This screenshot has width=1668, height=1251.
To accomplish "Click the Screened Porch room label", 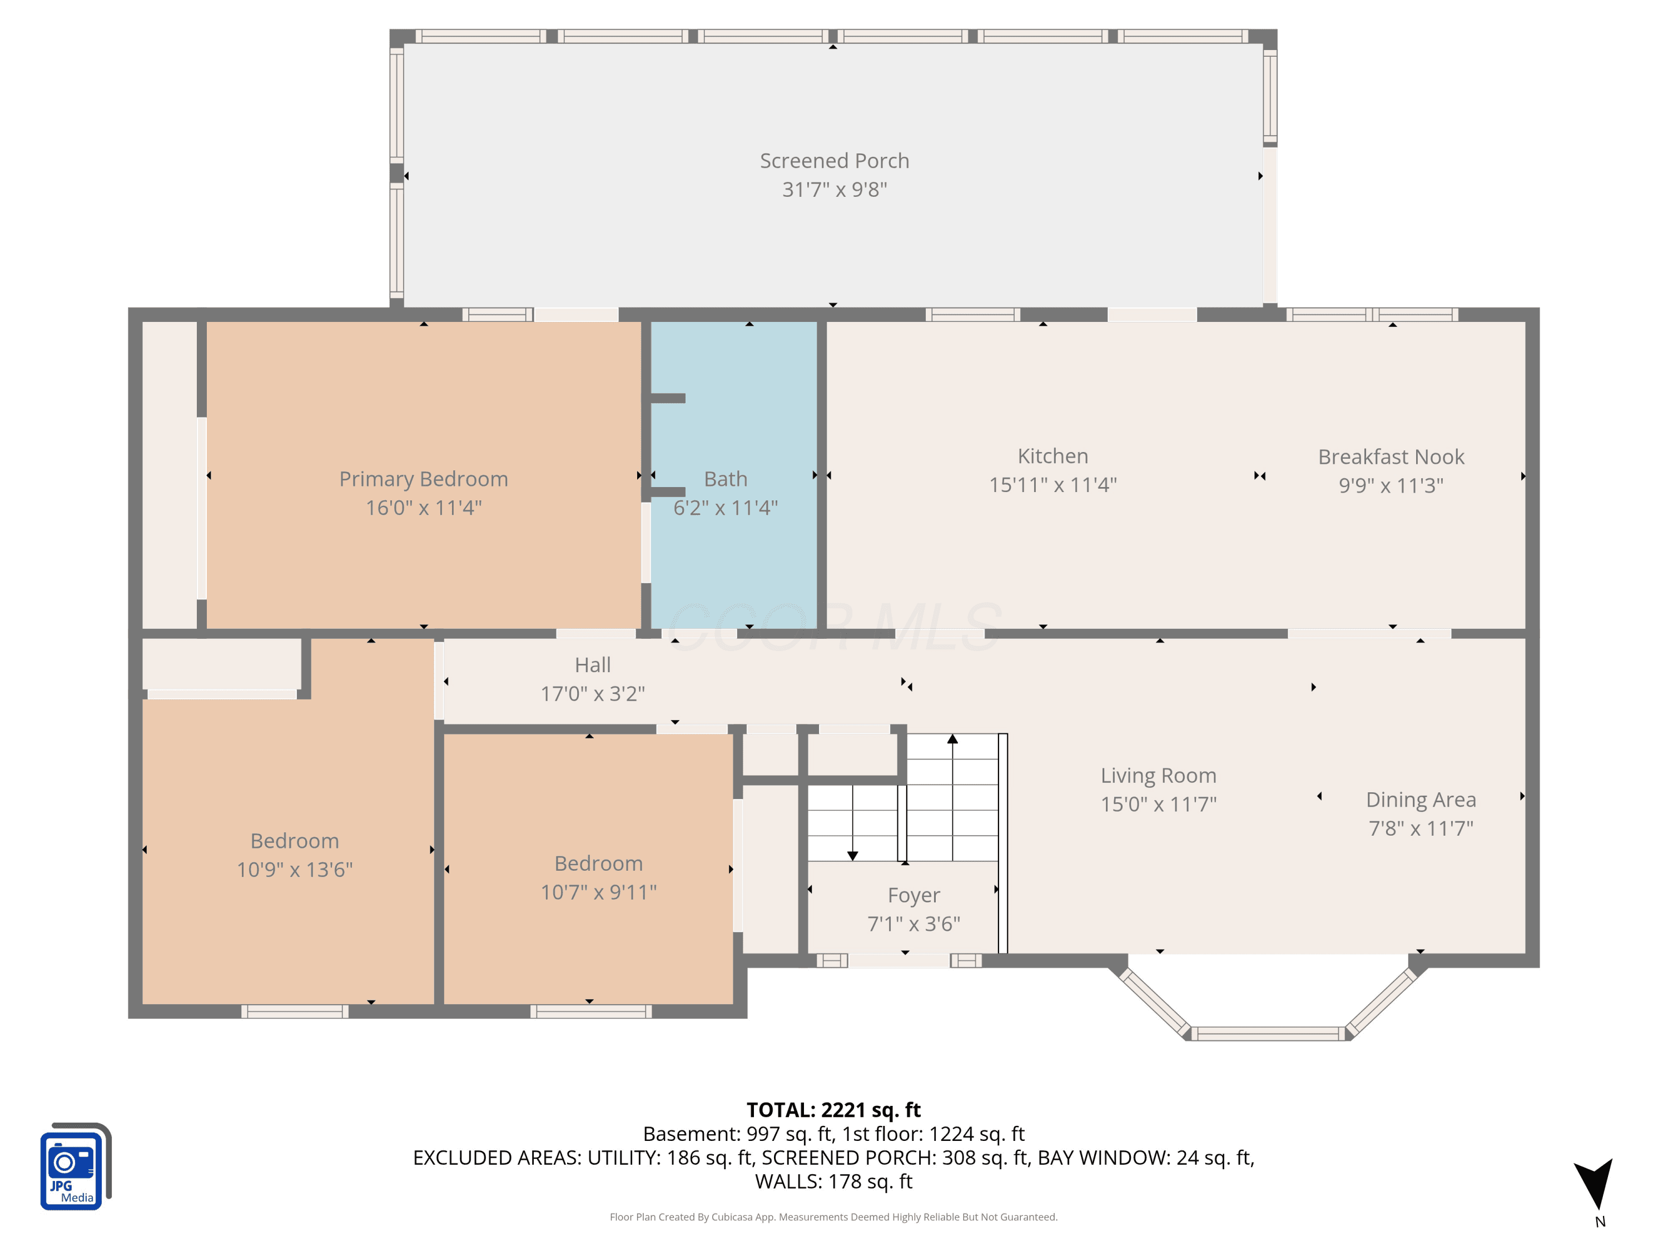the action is coord(834,161).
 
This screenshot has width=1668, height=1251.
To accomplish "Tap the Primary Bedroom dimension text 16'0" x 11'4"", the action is coord(424,508).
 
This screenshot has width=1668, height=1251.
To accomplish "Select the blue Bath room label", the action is coord(726,479).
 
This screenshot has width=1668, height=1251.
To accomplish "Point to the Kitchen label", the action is coord(1053,456).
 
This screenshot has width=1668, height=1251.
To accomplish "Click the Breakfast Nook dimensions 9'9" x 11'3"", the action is coord(1391,485).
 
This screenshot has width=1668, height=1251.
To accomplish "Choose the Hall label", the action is coord(593,665).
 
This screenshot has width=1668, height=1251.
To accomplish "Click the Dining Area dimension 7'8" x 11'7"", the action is coord(1421,828).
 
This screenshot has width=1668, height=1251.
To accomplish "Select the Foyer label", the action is coord(914,895).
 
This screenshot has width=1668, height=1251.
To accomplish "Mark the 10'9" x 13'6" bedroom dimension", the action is coord(295,870).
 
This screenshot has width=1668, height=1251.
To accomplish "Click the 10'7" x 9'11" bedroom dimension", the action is coord(599,892).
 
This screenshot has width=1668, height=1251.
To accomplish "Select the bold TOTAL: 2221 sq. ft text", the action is coord(833,1110).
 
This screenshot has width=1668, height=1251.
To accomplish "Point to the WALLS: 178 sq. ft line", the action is coord(833,1181).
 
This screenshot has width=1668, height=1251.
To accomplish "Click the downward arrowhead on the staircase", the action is coord(852,856).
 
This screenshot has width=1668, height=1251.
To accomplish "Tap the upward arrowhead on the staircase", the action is coord(952,739).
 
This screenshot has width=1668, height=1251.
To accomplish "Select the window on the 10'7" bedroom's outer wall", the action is coord(590,1011).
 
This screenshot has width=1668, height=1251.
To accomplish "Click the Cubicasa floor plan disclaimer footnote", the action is coord(833,1217).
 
